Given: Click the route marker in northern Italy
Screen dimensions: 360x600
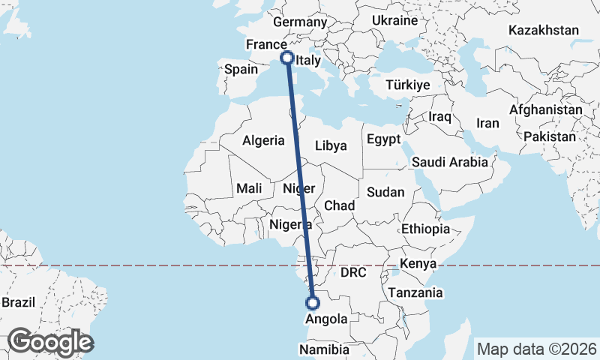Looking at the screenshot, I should coord(286,57).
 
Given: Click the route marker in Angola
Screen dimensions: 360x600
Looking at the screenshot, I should coord(313,303).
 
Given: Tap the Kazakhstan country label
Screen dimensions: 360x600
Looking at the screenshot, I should coord(544,31).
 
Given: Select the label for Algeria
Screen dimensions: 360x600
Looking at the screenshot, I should coord(265,140).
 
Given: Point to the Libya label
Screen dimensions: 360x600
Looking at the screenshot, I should coord(331,146).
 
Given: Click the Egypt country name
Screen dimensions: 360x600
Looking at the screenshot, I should coord(384,139).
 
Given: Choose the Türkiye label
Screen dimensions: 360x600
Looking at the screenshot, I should coord(407,85).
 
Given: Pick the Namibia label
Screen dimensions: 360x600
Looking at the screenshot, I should coord(325,349).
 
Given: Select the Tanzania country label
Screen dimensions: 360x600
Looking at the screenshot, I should coord(415,293).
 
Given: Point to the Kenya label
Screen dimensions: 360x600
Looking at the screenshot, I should coord(418,264).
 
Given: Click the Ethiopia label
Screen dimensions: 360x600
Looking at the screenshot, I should coord(426,229).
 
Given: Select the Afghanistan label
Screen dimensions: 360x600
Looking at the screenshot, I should coord(545,109).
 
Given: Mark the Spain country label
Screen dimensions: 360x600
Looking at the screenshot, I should coord(241,69).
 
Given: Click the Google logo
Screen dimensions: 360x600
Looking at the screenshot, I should coord(50,342).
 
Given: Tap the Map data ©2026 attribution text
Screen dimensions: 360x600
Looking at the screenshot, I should coord(537,349).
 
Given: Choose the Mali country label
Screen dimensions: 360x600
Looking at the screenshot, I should coord(249,189).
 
